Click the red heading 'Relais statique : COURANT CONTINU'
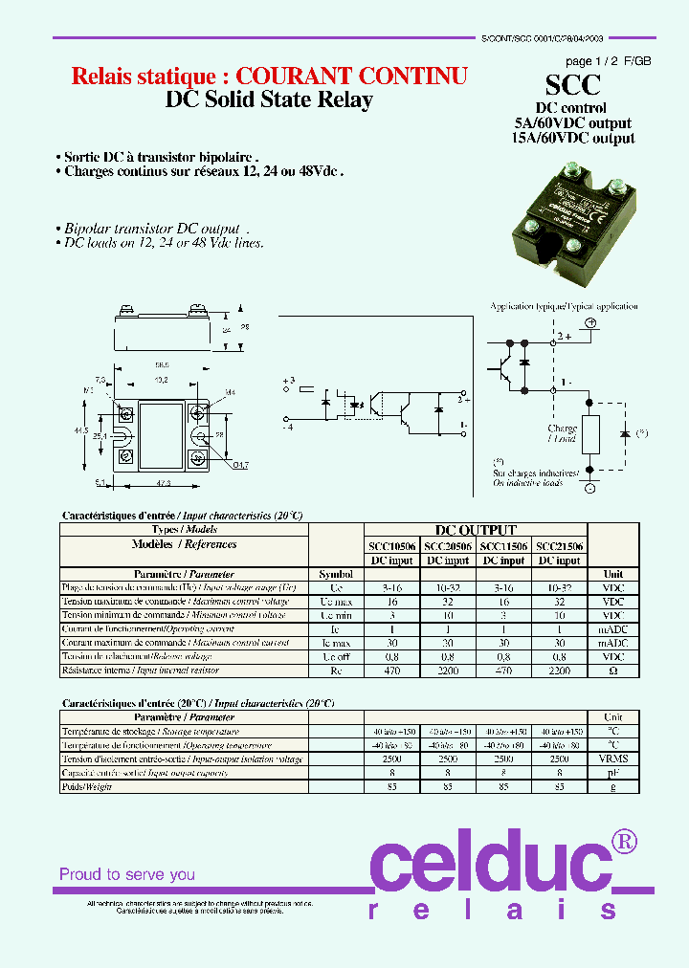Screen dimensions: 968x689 click(270, 77)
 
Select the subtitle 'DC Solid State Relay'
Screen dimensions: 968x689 click(269, 99)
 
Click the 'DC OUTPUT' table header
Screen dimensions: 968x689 click(476, 530)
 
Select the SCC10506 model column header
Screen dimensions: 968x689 click(391, 545)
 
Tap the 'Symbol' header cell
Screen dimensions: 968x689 click(336, 574)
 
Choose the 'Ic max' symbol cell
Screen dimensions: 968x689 click(336, 644)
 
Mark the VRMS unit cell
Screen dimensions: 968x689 click(612, 759)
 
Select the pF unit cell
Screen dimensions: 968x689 click(612, 773)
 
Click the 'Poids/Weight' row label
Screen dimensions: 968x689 click(87, 786)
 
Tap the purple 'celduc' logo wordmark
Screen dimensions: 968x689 click(488, 865)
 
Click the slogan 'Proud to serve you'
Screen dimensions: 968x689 click(127, 874)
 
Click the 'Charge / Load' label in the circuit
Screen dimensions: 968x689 click(562, 433)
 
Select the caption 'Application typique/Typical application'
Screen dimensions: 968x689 click(564, 306)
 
